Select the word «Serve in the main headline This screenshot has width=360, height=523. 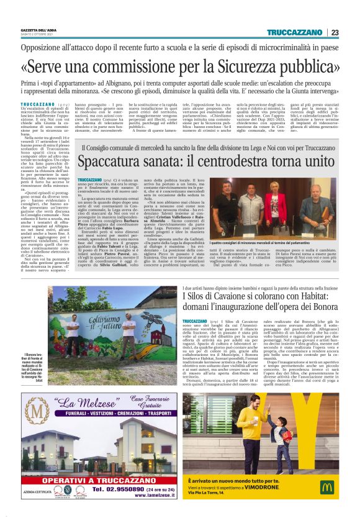pyautogui.click(x=51, y=66)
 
